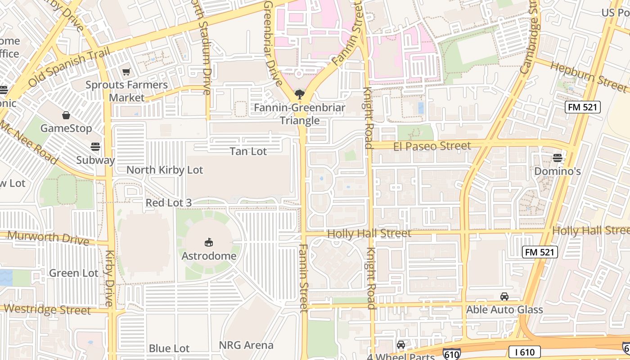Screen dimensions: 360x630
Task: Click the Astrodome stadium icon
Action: pos(209,243)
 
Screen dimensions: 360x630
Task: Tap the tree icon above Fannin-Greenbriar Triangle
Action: pos(299,94)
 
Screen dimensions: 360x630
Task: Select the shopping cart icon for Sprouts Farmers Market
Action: pos(126,72)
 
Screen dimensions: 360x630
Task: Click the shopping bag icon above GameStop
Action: pos(66,115)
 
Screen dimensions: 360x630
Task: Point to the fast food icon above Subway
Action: pos(95,146)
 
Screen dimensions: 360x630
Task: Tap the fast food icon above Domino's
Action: pos(558,157)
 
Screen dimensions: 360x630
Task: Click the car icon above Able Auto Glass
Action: pos(504,297)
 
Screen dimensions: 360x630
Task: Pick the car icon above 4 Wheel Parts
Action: pos(401,345)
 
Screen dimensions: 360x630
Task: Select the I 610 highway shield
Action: pos(524,352)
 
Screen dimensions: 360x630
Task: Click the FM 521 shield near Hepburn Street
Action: pos(583,107)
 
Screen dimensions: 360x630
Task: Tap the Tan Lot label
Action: pos(248,151)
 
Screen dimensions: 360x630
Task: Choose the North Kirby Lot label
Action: pos(165,170)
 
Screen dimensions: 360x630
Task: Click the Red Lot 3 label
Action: pos(169,203)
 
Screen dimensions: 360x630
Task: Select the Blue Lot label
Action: pos(169,348)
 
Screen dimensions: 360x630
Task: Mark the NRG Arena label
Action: pos(246,345)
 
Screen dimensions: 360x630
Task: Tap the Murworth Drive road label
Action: pos(48,238)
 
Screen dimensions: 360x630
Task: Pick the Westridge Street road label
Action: pos(47,310)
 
